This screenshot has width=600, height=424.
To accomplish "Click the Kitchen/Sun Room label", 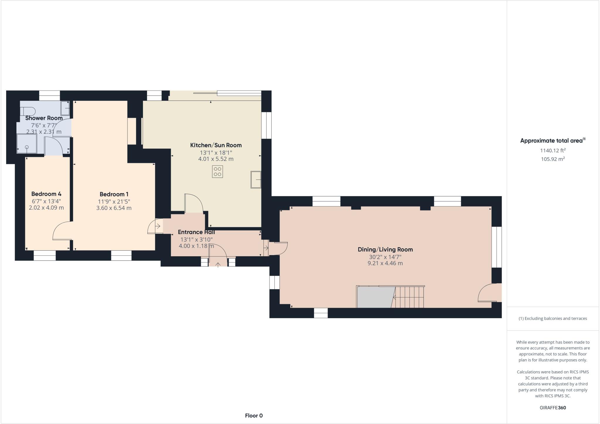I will click(216, 145).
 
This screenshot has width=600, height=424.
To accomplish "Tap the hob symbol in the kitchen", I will click(217, 172).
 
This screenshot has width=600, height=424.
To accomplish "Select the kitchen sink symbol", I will click(256, 179).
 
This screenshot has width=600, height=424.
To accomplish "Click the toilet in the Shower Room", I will click(28, 111).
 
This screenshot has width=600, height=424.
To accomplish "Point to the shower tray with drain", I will click(27, 144).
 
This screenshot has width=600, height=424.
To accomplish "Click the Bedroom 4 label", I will click(46, 194).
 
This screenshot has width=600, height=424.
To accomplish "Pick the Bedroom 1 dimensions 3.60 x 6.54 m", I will click(114, 208).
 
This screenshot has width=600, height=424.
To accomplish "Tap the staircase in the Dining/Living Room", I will click(409, 297).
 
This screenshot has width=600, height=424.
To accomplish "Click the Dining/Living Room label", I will click(385, 250).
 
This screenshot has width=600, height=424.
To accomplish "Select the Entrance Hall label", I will click(196, 232).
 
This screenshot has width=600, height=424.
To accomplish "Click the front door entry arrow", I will click(218, 265).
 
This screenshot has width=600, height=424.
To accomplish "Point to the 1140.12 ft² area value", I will click(553, 151).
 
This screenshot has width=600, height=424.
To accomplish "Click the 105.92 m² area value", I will click(553, 159).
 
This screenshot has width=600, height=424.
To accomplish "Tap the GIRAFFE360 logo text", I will click(553, 408).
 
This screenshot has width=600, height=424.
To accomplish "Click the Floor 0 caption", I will click(254, 415).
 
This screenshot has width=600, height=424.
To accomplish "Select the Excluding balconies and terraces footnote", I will click(553, 318).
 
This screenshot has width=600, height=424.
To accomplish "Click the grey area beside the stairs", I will click(374, 297).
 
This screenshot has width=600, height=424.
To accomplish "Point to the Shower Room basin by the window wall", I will click(65, 108).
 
